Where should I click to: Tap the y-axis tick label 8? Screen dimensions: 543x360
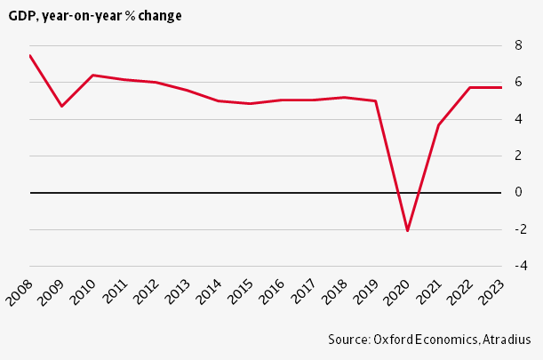(x=518, y=45)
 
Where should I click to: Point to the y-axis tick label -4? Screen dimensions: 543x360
(x=521, y=266)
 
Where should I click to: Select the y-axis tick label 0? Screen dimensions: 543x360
(x=518, y=192)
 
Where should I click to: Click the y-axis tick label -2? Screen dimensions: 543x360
(x=521, y=229)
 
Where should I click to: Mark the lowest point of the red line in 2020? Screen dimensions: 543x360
(x=408, y=230)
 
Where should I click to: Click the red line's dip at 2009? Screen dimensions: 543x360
(x=61, y=106)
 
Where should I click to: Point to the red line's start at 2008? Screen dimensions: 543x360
(x=30, y=55)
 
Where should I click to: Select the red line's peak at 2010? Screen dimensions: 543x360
(x=92, y=75)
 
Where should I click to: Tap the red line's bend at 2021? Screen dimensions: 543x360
(x=439, y=124)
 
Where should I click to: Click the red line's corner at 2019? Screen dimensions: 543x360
(x=376, y=101)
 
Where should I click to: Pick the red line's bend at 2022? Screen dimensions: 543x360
(x=470, y=87)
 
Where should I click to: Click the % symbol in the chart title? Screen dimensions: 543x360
(x=131, y=16)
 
